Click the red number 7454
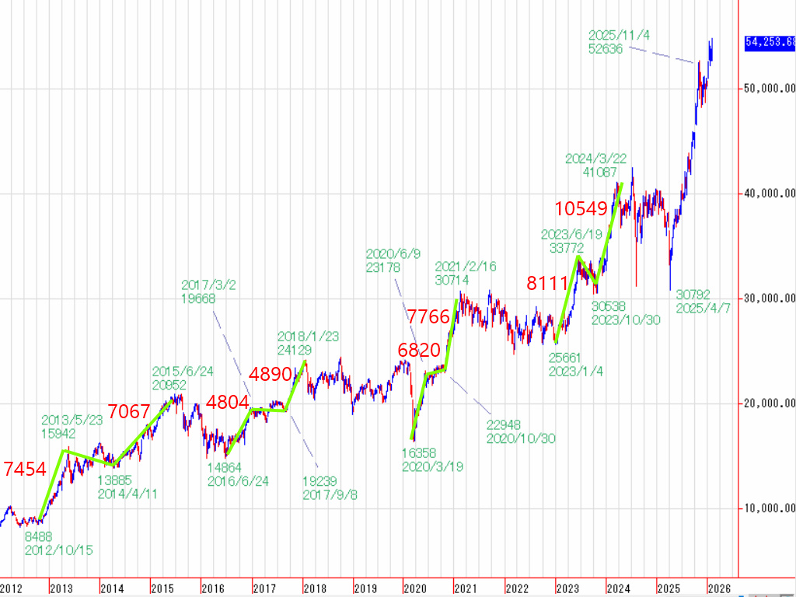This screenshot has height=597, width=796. click(25, 469)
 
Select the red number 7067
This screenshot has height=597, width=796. click(128, 411)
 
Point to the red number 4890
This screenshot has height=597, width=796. click(269, 373)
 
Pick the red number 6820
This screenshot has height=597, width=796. click(419, 350)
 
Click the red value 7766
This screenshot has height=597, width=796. click(429, 316)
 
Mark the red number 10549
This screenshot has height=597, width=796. click(581, 208)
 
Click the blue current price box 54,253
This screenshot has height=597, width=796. click(770, 43)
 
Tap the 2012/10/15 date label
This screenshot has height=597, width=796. click(58, 550)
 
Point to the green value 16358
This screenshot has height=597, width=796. click(418, 452)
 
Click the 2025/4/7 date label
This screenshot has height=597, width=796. click(703, 309)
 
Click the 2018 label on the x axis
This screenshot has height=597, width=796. click(315, 588)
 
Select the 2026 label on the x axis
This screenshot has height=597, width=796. click(720, 588)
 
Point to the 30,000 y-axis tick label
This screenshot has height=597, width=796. click(766, 298)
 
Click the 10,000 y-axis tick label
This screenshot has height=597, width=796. click(766, 508)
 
